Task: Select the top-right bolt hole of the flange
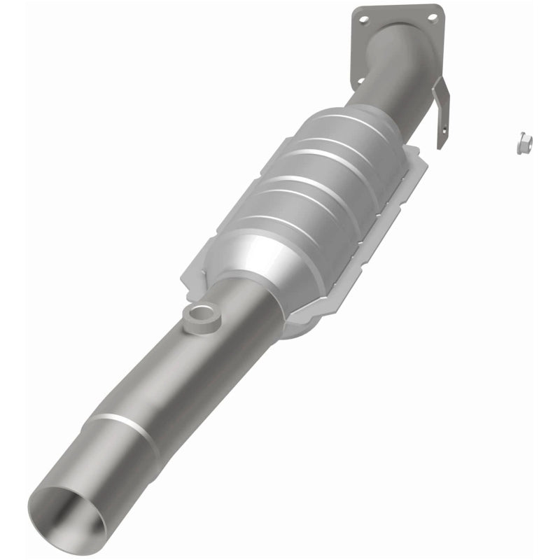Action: click(433, 16)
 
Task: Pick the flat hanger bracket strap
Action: click(441, 115)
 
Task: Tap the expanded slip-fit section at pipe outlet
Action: click(105, 462)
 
